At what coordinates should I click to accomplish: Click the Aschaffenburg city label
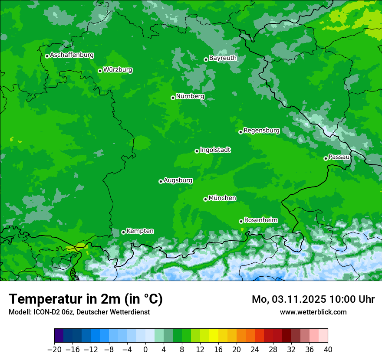pos(72,55)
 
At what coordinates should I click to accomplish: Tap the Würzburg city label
pos(118,70)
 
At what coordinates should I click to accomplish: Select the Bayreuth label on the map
pos(223,58)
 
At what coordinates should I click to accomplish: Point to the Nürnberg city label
pos(190,96)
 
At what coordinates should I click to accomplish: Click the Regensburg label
pos(261,131)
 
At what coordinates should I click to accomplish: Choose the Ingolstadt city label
pos(215,150)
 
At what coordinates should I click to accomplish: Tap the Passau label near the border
pos(339,157)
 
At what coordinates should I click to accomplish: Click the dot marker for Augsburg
pos(161,181)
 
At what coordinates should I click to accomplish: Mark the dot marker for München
pos(205,199)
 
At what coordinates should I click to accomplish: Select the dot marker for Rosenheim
pos(241,221)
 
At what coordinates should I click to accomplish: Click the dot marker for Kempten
pos(123,232)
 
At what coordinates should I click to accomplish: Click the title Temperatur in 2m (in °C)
pos(86,299)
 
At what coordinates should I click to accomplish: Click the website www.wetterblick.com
pos(313,312)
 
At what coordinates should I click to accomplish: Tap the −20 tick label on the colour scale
pos(54,350)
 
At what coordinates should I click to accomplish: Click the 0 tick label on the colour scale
pos(145,350)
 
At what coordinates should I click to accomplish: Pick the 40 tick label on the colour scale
pos(328,350)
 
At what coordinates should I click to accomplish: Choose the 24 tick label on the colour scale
pos(255,350)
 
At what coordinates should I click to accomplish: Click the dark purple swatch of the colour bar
pos(59,336)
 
